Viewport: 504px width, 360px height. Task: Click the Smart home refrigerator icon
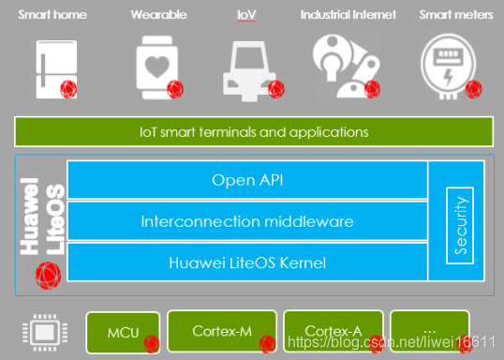[54, 66]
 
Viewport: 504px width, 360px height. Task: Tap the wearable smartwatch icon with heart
[155, 66]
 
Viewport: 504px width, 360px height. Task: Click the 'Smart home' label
[52, 15]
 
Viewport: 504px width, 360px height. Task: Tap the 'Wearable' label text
[158, 15]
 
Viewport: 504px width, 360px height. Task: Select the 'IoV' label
[247, 15]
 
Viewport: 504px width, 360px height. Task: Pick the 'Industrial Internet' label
[348, 15]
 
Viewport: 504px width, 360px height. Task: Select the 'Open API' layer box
[247, 180]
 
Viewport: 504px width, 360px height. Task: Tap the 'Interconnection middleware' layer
[247, 221]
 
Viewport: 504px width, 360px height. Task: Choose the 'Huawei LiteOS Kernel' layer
[247, 263]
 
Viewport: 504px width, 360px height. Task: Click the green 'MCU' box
[124, 331]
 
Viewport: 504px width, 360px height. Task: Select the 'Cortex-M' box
[221, 331]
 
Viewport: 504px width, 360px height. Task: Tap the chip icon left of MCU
[42, 331]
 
